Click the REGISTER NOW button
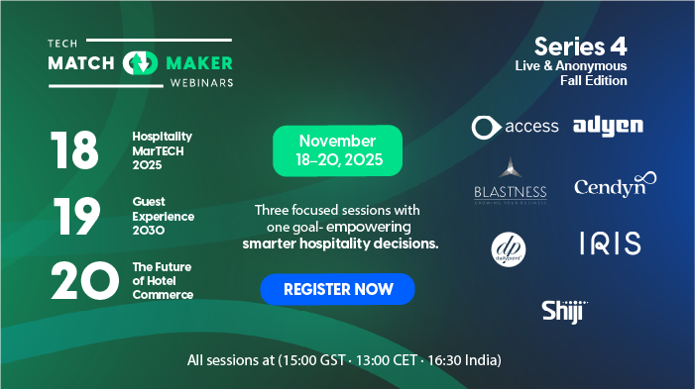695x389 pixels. click(x=337, y=289)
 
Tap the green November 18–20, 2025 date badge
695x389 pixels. click(x=337, y=150)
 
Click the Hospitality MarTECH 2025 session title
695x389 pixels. click(x=162, y=150)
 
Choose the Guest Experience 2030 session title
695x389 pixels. click(x=163, y=215)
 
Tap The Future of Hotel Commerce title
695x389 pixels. click(x=163, y=281)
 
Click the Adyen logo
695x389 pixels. click(x=608, y=126)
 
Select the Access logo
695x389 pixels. click(x=515, y=127)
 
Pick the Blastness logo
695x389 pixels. click(x=510, y=182)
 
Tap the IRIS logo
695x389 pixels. click(x=610, y=243)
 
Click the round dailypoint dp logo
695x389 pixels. click(x=509, y=247)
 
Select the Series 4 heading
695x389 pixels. click(x=580, y=47)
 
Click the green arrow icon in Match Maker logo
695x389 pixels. click(x=140, y=63)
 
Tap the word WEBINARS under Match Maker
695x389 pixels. click(x=199, y=82)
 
